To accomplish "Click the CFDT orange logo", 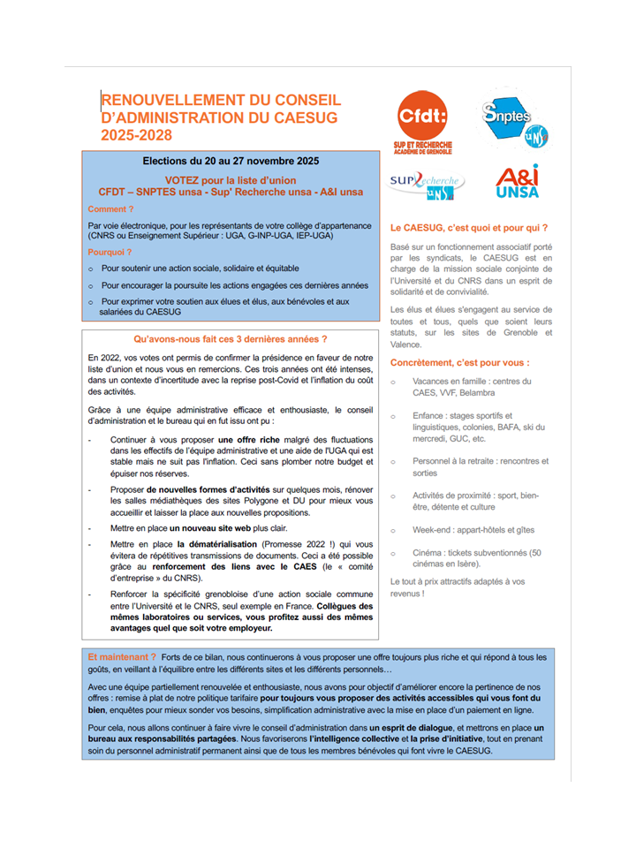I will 420,118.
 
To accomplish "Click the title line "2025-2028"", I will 136,135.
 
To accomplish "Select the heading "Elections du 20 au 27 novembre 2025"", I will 231,162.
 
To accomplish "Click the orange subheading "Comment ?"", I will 111,209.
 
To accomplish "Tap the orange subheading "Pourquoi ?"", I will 111,252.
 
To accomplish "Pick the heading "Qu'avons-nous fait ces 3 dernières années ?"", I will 231,339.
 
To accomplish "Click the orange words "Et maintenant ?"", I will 123,657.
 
